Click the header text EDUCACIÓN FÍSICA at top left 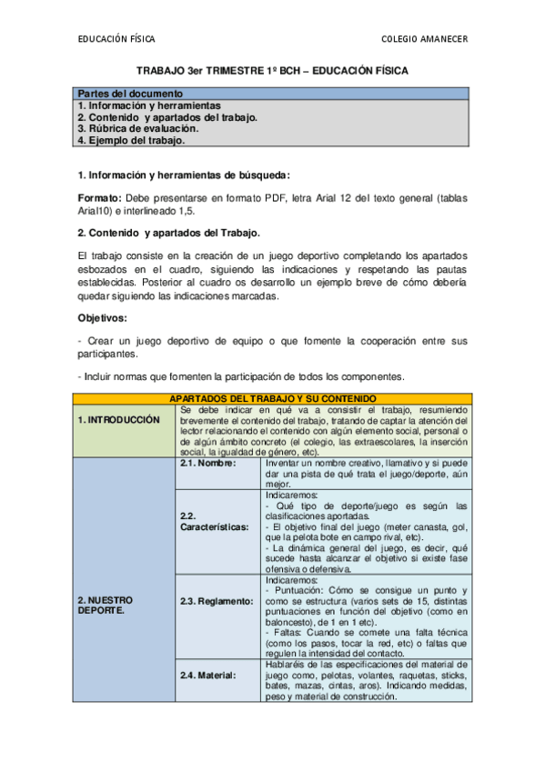point(116,39)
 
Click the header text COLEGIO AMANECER point(426,39)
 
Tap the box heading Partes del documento point(130,94)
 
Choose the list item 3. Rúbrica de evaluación point(137,129)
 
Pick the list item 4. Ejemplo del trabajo point(131,141)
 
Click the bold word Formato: point(99,198)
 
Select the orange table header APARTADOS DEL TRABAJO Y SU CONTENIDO point(272,398)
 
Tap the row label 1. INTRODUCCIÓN point(118,420)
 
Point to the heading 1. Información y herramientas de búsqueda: point(185,175)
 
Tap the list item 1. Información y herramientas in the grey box point(148,105)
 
